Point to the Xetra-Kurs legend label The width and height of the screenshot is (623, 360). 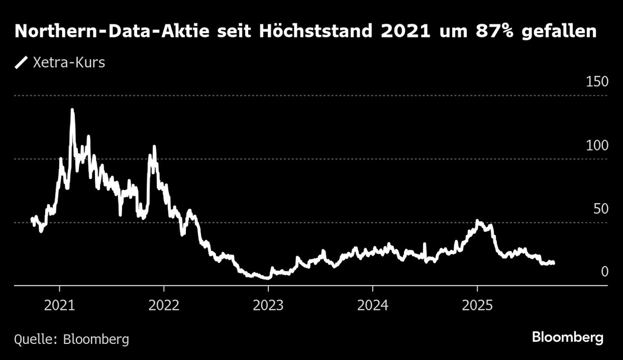coord(69,63)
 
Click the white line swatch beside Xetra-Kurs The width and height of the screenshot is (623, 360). coord(21,63)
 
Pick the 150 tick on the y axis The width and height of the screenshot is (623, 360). coord(597,82)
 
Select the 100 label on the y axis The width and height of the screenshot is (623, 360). coord(597,145)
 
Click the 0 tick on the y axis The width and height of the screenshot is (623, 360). coord(604,272)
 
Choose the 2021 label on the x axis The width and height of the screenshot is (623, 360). coord(60,304)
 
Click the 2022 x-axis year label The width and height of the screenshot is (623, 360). coord(164,304)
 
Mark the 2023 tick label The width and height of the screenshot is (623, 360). coord(268,304)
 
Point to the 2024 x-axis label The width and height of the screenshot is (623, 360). coord(373,304)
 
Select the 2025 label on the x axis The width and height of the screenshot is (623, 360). coord(477,304)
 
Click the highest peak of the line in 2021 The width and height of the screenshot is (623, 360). coord(72,110)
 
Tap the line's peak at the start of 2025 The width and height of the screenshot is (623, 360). coord(478,222)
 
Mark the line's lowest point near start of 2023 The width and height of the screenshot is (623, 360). coord(267,278)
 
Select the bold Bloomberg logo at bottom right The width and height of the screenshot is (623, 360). coord(568,338)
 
